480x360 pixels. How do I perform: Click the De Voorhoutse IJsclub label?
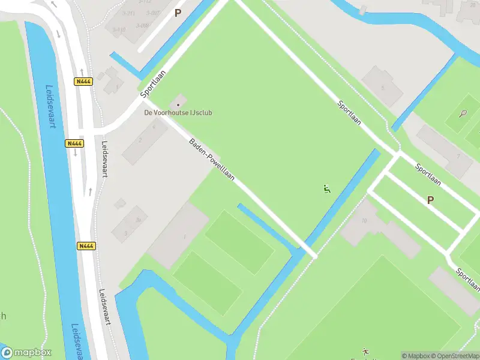click(x=178, y=112)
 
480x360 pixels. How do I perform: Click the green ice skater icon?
click(x=326, y=190)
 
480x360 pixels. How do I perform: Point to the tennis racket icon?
click(x=463, y=113)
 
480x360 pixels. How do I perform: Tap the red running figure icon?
click(x=365, y=351)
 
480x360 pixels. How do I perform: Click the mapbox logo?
click(x=26, y=352)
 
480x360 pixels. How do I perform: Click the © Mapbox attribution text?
click(x=414, y=355)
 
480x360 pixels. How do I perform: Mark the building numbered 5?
click(x=382, y=88)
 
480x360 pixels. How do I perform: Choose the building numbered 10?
click(x=364, y=220)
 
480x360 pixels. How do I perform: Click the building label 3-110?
click(x=119, y=29)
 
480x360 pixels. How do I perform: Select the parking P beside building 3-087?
click(x=177, y=12)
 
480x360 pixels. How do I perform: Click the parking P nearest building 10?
click(x=430, y=200)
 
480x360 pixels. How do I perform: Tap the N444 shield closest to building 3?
click(x=86, y=246)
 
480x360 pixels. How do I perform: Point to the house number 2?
click(x=140, y=140)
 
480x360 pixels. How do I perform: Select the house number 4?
click(x=154, y=127)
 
